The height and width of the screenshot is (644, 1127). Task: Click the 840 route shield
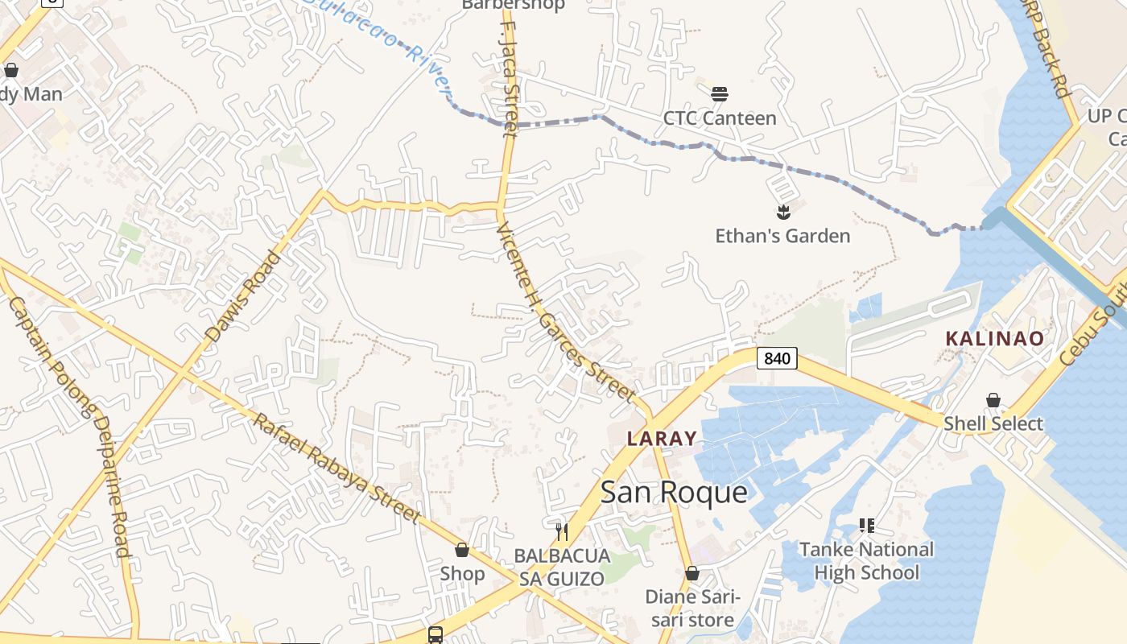777,358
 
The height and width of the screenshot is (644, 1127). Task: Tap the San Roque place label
674,492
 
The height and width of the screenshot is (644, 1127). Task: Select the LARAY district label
662,439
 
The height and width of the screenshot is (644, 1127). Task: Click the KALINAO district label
994,339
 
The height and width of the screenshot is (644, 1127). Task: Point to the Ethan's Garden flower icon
782,213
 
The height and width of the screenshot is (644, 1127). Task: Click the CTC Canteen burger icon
720,94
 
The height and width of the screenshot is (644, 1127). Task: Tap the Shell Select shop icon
993,401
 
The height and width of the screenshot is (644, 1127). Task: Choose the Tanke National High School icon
866,526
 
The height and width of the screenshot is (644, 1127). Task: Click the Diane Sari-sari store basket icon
691,574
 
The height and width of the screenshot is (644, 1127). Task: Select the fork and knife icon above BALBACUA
562,531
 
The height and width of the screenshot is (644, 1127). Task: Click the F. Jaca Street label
509,80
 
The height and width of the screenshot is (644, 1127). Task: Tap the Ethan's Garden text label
782,236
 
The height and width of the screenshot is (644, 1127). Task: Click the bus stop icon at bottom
435,635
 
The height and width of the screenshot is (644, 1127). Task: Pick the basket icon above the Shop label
462,551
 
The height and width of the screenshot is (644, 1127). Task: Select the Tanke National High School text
866,561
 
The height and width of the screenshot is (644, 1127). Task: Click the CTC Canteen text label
720,118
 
